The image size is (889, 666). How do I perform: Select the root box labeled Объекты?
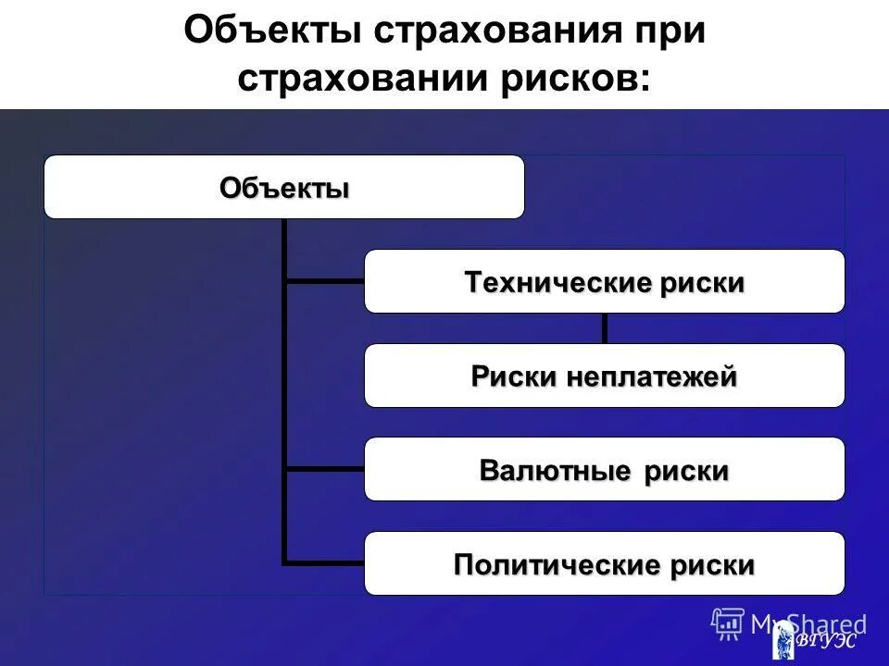click(283, 187)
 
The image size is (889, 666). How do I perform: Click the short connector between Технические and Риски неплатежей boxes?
click(605, 327)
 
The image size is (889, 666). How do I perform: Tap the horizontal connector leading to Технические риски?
click(324, 281)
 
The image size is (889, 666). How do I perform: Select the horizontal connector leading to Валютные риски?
click(324, 469)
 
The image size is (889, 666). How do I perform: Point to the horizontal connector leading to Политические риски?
click(324, 562)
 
